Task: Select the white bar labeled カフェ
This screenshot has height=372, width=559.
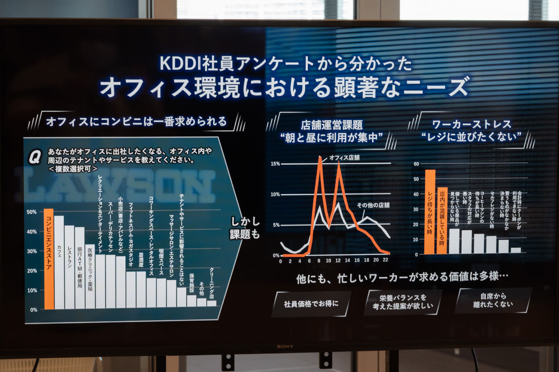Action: (x=59, y=263)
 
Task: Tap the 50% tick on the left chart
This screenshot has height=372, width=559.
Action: (x=32, y=212)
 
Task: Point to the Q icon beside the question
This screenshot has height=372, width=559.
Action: (x=34, y=158)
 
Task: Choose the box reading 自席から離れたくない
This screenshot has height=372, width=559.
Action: (x=492, y=300)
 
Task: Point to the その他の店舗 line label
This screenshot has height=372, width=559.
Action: (x=373, y=205)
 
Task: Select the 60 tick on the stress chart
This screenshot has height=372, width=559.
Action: (x=416, y=164)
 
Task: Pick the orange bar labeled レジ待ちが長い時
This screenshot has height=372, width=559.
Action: (x=429, y=212)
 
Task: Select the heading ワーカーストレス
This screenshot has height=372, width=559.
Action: (x=471, y=124)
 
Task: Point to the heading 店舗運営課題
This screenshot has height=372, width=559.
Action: (x=331, y=125)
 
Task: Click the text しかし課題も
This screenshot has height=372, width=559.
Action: (x=245, y=228)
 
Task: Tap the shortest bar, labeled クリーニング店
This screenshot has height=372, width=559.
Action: (x=211, y=303)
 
